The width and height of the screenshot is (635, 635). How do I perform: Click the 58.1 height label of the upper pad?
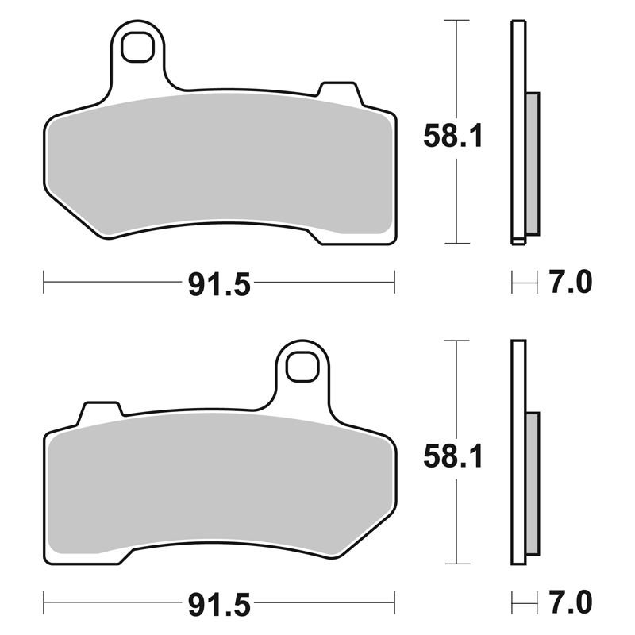point(453,136)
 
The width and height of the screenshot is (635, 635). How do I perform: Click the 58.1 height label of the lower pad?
point(453,456)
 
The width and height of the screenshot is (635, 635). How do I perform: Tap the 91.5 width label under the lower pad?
point(219,605)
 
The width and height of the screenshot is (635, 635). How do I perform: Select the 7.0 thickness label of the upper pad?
point(571,282)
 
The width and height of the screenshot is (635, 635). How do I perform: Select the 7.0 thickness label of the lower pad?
point(571,602)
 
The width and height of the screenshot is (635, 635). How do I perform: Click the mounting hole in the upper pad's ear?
point(137,47)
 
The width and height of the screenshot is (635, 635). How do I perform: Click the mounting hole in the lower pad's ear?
point(302,367)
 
